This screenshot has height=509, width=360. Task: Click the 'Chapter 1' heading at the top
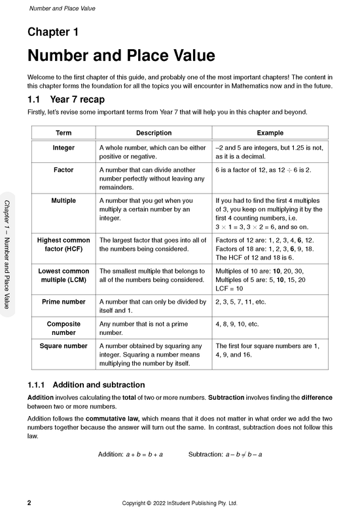tap(53, 31)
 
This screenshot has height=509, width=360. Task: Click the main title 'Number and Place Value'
tap(121, 55)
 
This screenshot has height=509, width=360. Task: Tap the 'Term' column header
tap(63, 133)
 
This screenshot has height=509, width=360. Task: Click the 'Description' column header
tap(154, 133)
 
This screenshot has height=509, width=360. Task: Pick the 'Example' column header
tap(270, 133)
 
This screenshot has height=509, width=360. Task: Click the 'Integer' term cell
tap(63, 148)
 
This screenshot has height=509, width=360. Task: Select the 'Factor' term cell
tap(63, 169)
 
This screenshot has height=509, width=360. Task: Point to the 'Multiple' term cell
tap(63, 200)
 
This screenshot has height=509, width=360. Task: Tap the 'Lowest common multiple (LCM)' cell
tap(63, 275)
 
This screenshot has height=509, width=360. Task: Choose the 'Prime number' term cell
tap(63, 302)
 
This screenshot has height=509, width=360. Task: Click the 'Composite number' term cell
tap(63, 328)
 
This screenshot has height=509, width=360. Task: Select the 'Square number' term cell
tap(63, 345)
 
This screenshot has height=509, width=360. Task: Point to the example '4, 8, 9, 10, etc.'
tap(237, 323)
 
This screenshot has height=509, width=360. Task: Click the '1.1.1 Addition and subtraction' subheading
tap(86, 385)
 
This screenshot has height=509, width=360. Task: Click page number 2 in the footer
tap(29, 503)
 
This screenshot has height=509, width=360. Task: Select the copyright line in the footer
tap(179, 503)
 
